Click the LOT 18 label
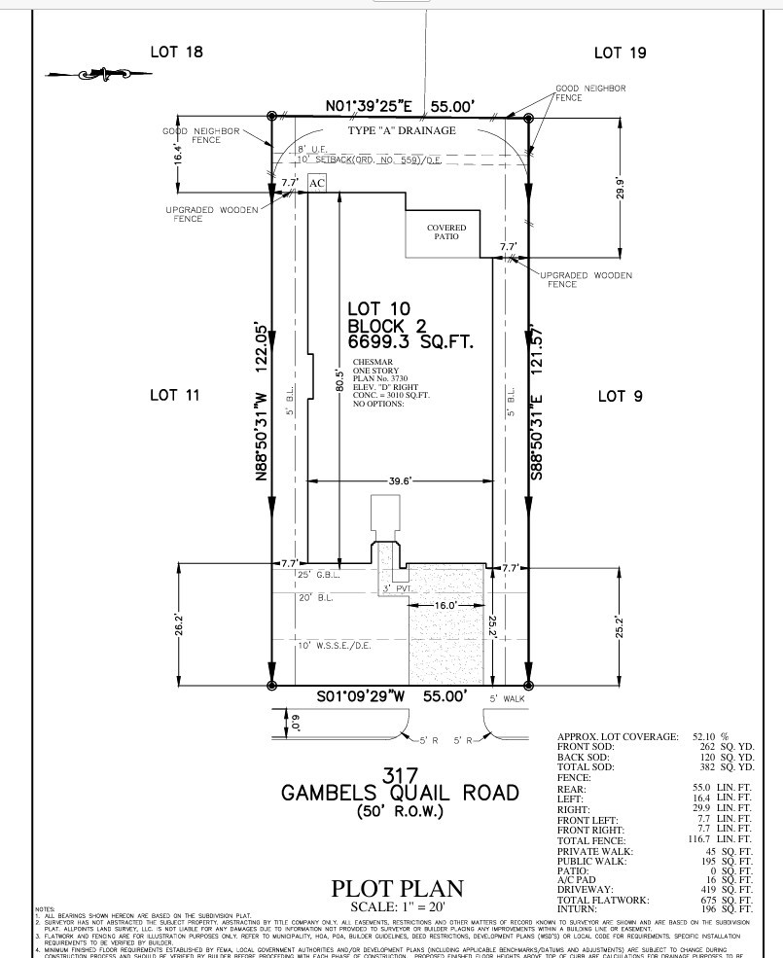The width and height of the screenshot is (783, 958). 177,52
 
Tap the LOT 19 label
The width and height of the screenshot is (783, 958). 620,53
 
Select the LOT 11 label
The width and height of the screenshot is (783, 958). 175,395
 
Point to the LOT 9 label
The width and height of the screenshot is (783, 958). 620,396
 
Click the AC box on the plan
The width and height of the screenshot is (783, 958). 317,183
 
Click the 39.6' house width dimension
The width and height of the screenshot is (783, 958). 399,480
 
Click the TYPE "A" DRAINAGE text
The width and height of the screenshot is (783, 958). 402,130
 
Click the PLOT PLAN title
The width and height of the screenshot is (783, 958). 398,888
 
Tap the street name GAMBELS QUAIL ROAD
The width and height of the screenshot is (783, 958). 399,793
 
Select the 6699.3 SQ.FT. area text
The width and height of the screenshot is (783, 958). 409,342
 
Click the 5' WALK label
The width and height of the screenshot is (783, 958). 507,698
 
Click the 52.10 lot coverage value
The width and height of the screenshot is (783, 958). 706,737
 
